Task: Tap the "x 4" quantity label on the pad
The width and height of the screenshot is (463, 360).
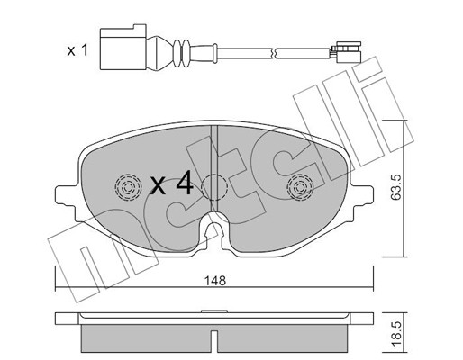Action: (171, 185)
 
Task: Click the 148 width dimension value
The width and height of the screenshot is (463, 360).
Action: (215, 281)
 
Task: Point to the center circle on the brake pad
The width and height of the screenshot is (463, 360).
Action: (214, 187)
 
